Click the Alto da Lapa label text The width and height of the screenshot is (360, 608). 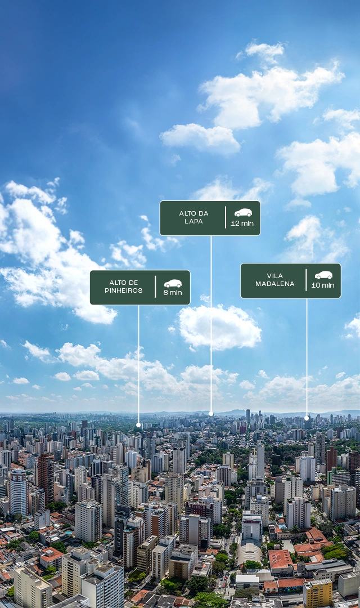tap(193, 217)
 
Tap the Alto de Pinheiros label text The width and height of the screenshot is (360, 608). tap(124, 287)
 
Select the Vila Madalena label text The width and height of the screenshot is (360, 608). tap(274, 280)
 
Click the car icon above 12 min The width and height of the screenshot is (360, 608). tap(243, 212)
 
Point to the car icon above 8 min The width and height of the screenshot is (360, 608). tap(173, 283)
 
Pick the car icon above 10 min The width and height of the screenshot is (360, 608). tap(323, 275)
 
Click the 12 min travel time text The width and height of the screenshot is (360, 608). tap(242, 223)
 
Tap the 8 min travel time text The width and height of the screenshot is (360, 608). tap(173, 292)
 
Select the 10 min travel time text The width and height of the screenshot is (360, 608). tap(323, 285)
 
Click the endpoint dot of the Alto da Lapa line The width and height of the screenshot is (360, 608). tap(211, 414)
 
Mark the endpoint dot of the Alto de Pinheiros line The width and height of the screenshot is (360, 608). tap(138, 425)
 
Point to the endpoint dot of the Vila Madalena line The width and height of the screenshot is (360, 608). tap(307, 418)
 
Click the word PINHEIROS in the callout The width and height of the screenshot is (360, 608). tap(124, 290)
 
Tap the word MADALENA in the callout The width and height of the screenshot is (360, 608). tap(274, 283)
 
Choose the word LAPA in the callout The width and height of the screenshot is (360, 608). tap(193, 221)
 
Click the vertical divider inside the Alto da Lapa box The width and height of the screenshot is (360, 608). tap(226, 217)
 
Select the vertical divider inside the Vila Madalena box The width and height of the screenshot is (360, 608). tap(306, 280)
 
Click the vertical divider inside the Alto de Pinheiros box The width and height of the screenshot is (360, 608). tap(155, 287)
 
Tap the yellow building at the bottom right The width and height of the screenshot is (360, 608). tap(318, 593)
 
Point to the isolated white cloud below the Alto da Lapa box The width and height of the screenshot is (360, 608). tap(219, 327)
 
